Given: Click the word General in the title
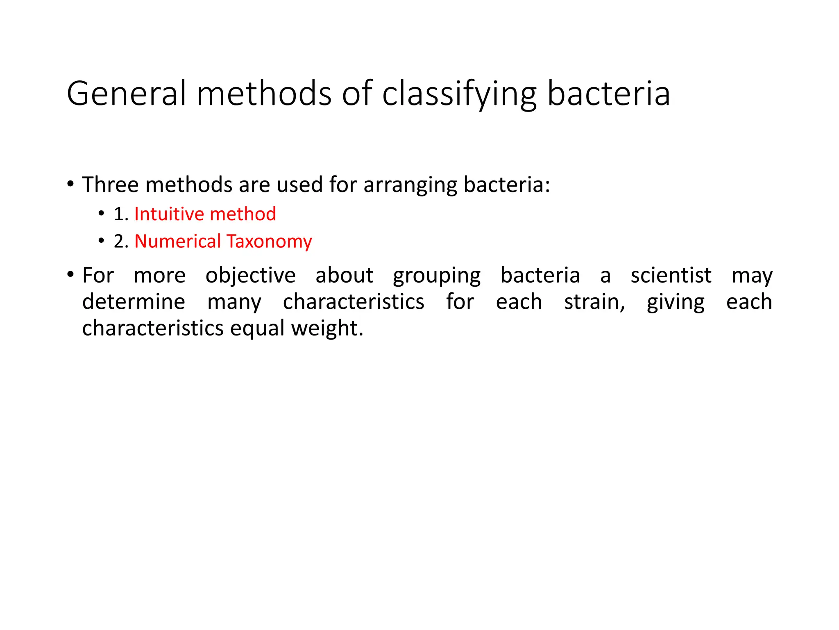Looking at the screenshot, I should pos(127,94).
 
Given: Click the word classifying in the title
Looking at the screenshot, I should pos(459,94).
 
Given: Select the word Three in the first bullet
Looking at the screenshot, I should pos(110,185).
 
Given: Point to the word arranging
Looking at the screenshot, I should pos(410,185).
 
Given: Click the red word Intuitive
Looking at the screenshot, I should pos(169,214).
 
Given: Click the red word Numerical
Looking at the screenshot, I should pos(177,241).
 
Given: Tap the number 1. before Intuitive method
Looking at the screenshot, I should pos(121,215).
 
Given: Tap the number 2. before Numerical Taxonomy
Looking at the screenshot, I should pos(121,242).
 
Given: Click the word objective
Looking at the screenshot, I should pos(250,276).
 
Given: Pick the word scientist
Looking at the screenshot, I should pos(671,275).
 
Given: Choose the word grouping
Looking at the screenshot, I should pos(437,276).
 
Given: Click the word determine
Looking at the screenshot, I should pos(134,302).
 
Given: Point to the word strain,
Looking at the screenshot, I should pos(594,302).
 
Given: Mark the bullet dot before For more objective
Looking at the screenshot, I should pos(70,274).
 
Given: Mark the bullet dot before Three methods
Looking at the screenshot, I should pos(70,183).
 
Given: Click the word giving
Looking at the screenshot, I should pos(676,303).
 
